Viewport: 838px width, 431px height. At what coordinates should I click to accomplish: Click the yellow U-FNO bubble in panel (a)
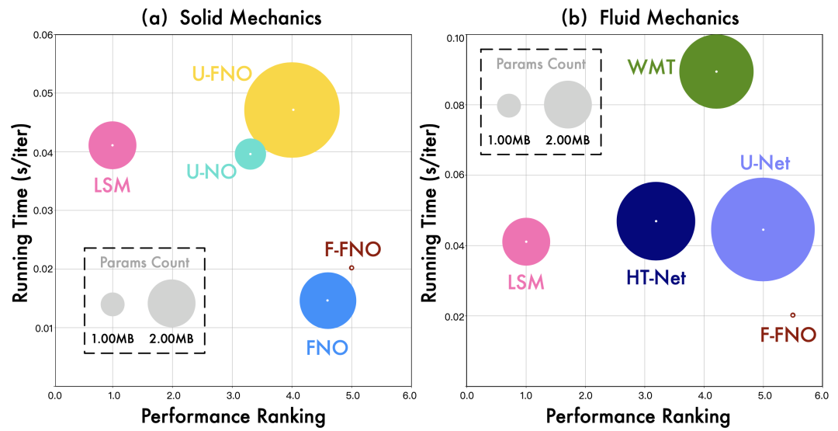292,109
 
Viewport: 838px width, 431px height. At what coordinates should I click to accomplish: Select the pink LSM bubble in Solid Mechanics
113,145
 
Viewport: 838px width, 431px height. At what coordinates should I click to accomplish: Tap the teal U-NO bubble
250,154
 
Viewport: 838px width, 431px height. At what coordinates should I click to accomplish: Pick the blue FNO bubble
327,301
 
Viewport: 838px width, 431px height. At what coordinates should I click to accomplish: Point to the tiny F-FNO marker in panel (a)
351,267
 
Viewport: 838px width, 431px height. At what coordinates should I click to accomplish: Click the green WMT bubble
716,71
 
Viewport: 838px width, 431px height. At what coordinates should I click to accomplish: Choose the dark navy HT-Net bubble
656,221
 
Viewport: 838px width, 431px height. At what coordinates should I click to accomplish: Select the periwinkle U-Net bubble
763,229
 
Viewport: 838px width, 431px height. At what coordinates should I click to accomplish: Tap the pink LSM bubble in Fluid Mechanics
526,242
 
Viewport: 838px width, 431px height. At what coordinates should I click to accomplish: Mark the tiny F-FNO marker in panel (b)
792,315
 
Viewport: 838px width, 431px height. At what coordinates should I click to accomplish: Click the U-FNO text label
222,75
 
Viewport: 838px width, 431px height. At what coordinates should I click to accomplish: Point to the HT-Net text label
656,277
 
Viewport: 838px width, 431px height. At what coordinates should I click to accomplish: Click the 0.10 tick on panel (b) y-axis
454,38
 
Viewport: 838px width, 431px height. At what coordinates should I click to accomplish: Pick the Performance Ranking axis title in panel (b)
638,417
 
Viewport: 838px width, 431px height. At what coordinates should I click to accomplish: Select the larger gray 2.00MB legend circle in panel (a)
171,303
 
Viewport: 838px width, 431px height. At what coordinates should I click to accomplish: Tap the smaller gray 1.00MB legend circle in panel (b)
508,105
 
